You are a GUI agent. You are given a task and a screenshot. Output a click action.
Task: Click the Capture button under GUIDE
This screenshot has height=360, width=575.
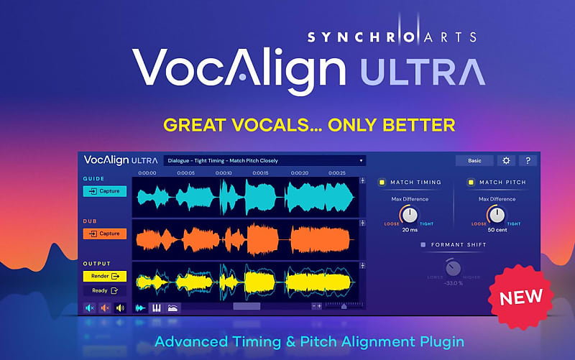(105, 192)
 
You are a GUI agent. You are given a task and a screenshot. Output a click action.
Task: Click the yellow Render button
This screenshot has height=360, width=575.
(105, 276)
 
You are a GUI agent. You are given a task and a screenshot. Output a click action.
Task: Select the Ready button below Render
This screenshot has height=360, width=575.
(105, 290)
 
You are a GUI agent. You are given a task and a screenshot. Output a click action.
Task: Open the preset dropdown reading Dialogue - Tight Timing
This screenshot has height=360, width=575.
(265, 160)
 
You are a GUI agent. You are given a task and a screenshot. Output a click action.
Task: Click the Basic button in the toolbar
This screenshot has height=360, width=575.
(474, 160)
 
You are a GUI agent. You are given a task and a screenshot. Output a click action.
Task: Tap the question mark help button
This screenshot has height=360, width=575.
(528, 160)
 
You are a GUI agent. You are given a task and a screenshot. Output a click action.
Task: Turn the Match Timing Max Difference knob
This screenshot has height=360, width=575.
(410, 215)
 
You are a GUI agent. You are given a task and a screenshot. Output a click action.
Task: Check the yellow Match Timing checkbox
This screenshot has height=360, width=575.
(383, 183)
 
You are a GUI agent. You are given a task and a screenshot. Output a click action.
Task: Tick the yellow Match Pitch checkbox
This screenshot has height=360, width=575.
(471, 183)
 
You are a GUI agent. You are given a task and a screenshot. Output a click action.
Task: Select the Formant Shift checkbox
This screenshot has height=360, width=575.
(423, 245)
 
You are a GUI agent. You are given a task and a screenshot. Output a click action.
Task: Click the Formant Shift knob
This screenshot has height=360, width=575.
(453, 269)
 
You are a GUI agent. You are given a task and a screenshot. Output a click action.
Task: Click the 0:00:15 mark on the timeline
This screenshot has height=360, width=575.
(261, 173)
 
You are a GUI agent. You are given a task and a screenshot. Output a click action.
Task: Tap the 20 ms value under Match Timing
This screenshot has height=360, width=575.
(410, 230)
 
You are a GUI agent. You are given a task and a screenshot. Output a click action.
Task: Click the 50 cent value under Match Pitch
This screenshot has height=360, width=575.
(497, 230)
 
